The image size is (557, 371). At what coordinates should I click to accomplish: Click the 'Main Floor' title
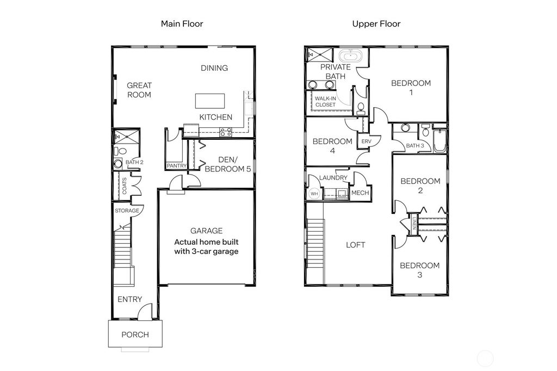click(182, 24)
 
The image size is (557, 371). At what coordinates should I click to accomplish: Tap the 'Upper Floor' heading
click(376, 24)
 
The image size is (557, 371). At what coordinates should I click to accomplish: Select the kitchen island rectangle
click(211, 101)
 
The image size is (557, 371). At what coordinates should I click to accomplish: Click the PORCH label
click(135, 335)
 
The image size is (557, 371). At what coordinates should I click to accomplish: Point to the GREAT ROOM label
click(139, 90)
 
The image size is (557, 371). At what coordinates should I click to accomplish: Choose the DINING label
click(214, 68)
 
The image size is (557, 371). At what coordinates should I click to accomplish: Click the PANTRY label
click(177, 166)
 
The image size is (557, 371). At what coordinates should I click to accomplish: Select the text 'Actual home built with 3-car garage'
click(206, 247)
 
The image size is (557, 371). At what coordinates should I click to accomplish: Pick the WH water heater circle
click(314, 193)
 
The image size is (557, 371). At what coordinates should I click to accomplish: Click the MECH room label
click(360, 193)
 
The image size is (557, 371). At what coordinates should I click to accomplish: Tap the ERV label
click(366, 141)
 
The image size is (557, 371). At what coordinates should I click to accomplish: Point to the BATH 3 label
click(414, 145)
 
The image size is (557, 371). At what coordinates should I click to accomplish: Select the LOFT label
click(356, 245)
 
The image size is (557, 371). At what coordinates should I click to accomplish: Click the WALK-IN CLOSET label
click(325, 102)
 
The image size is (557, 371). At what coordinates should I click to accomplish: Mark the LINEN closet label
click(414, 222)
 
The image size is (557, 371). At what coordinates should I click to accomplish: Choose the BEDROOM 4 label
click(332, 146)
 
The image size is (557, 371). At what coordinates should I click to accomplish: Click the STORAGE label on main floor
click(126, 211)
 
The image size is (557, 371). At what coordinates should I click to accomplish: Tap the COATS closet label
click(125, 186)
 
